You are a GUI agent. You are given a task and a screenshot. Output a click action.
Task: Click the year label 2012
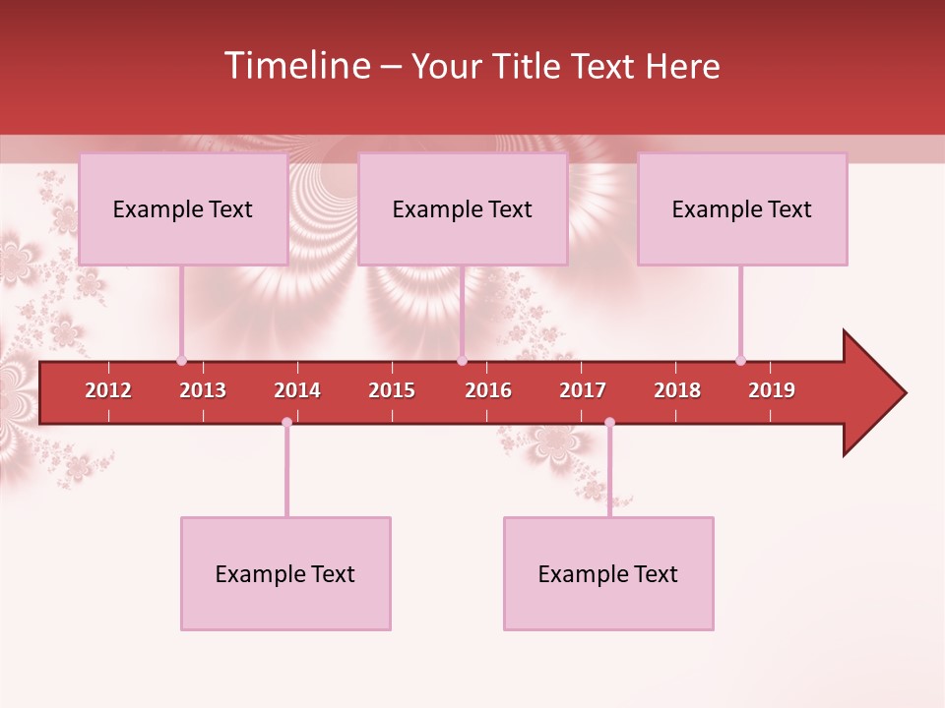pos(108,390)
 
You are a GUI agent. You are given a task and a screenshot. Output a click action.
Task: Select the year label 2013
pos(203,390)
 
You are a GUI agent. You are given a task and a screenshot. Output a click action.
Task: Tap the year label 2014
pos(297,390)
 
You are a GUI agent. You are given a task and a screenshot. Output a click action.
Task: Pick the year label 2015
pos(392,390)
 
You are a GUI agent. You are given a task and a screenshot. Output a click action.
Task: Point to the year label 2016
pos(488,390)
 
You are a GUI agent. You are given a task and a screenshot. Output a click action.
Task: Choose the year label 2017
pos(583,390)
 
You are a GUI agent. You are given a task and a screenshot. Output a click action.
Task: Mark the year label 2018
pos(677,390)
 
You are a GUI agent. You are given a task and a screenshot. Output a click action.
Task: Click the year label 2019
pos(772,390)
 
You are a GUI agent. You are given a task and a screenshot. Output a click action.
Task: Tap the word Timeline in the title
pos(296,66)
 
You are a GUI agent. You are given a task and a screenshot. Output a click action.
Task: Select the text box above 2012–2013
pos(183,208)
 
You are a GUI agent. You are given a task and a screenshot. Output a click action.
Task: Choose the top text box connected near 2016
pos(463,208)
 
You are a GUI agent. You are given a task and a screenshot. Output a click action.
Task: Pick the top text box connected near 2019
pos(742,208)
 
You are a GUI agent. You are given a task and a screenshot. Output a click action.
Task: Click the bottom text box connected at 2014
pos(285,573)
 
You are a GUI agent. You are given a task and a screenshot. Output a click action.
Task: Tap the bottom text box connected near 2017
pos(608,573)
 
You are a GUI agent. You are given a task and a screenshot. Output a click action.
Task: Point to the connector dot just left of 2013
pos(181,360)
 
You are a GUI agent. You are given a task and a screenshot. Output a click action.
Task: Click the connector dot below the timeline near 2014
pos(286,422)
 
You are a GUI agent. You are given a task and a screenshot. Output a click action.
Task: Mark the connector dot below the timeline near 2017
pos(609,422)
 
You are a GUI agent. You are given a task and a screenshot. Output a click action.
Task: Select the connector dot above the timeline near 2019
pos(740,360)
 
